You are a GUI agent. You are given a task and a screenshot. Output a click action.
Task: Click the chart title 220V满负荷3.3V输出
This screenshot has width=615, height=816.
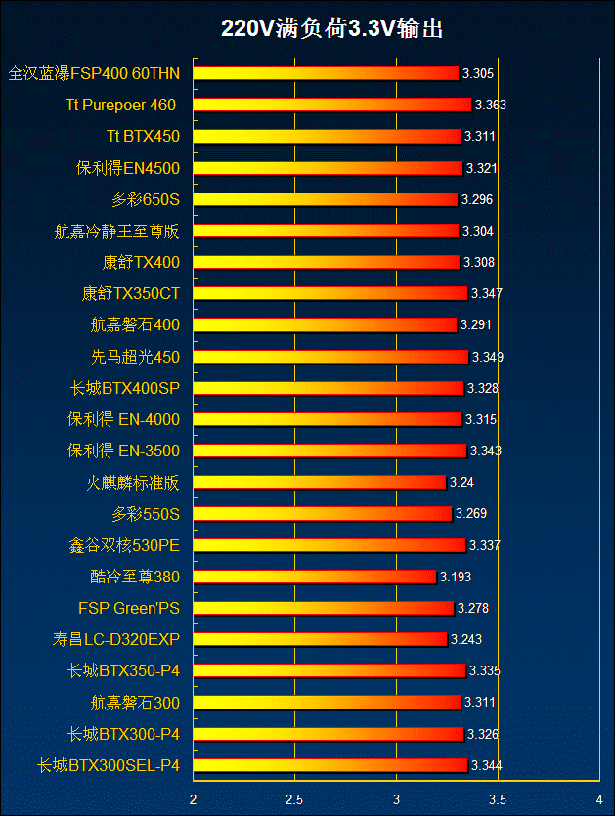tap(332, 29)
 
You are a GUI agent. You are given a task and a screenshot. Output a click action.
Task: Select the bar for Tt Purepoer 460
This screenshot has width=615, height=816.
tap(332, 105)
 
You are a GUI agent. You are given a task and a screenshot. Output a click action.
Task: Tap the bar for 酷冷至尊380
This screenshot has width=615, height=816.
tap(315, 577)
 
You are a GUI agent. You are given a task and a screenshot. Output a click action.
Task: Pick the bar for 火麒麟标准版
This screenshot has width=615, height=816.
tap(320, 482)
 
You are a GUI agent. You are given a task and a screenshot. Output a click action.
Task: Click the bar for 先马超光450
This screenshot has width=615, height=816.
tap(331, 357)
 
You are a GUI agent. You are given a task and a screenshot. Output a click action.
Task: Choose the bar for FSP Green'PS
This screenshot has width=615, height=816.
tap(324, 608)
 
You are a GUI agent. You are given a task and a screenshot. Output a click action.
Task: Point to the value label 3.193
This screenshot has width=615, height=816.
tap(456, 578)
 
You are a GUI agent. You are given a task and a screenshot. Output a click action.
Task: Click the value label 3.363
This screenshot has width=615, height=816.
tap(490, 106)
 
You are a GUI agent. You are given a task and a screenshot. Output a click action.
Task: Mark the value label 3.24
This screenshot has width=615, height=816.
tap(461, 483)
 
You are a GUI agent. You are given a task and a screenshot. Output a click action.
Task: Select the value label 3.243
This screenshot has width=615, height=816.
tap(466, 640)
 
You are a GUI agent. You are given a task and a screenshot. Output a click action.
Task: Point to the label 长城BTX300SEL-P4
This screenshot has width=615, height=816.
tap(109, 765)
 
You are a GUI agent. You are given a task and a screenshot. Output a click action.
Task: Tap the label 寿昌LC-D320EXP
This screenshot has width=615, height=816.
tap(116, 640)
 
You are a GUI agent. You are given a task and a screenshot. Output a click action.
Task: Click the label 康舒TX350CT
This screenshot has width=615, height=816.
tap(131, 293)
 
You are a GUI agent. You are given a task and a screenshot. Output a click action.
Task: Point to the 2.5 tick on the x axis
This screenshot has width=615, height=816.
tap(294, 799)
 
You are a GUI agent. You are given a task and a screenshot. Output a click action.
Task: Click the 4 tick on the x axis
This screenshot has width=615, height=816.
tap(598, 799)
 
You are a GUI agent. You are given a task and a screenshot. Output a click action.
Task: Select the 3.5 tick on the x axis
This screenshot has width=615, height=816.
tap(498, 799)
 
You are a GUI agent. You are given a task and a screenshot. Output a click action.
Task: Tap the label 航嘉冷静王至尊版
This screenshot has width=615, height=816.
tap(117, 232)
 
